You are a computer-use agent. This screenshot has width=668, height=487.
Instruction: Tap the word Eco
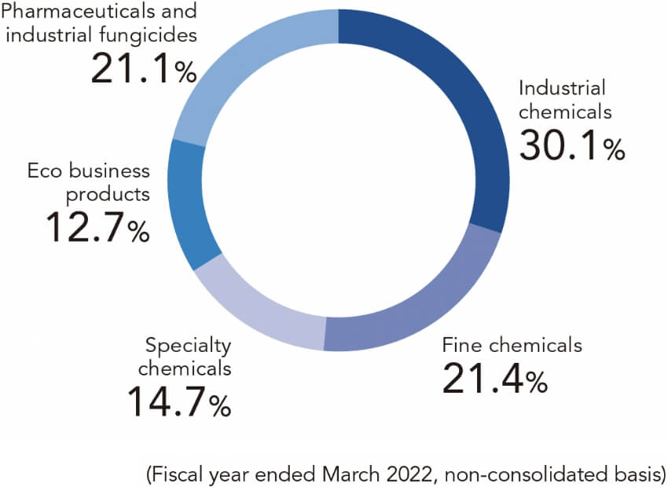[x=44, y=170]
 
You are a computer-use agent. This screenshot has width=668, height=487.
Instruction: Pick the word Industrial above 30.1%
[x=562, y=88]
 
